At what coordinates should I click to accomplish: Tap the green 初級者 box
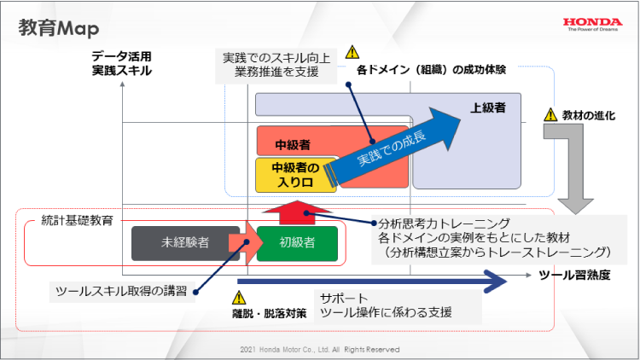(297, 242)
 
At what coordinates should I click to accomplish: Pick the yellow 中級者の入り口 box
(289, 174)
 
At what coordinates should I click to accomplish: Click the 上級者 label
(488, 108)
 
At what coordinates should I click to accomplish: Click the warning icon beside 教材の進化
(550, 115)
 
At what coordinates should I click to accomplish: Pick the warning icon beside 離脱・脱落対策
(239, 298)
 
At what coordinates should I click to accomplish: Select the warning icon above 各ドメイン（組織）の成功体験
(352, 52)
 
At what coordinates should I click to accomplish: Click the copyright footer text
(320, 350)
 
